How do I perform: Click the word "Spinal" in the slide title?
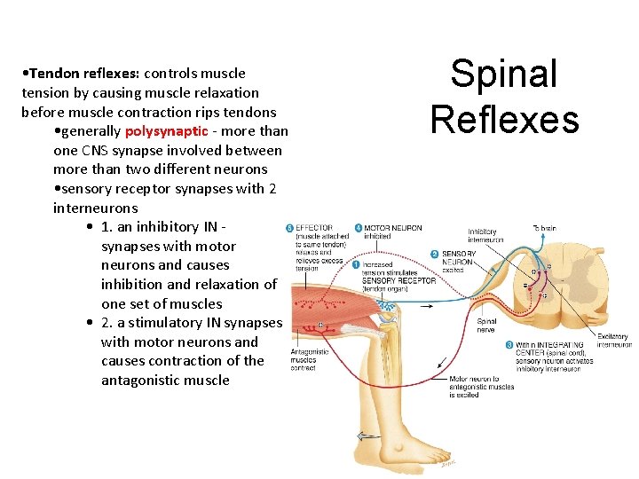pyautogui.click(x=504, y=75)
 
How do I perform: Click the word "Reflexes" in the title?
pyautogui.click(x=504, y=119)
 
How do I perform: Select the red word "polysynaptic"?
pyautogui.click(x=166, y=131)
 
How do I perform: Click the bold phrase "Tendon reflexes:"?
pyautogui.click(x=79, y=73)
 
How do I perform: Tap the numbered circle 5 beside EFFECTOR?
pyautogui.click(x=289, y=229)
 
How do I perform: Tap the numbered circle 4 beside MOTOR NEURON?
pyautogui.click(x=359, y=229)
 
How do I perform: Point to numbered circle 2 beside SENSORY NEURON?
pyautogui.click(x=436, y=255)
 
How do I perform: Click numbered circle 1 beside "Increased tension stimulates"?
pyautogui.click(x=356, y=264)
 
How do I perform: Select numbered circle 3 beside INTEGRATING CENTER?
pyautogui.click(x=509, y=345)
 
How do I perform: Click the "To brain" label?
pyautogui.click(x=545, y=229)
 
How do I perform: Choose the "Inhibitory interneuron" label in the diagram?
pyautogui.click(x=485, y=236)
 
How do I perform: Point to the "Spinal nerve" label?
pyautogui.click(x=487, y=326)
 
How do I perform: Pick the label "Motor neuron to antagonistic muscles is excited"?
pyautogui.click(x=480, y=387)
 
